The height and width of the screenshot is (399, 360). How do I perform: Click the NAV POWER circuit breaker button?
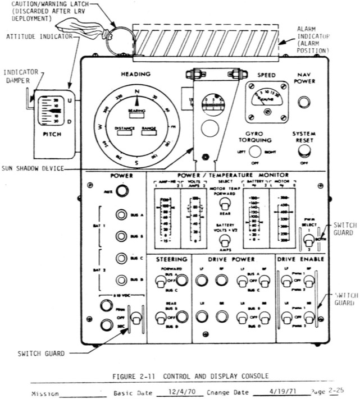304,102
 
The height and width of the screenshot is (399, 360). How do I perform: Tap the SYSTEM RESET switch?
304,150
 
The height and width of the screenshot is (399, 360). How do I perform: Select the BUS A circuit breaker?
121,215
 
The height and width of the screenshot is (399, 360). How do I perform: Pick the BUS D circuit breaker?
121,280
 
